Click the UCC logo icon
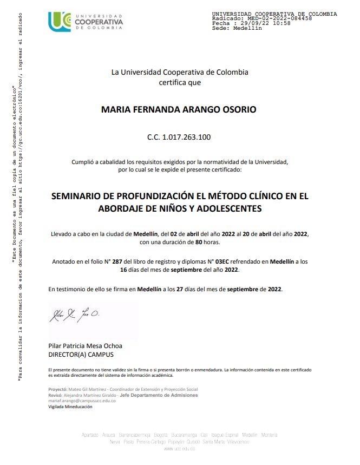click(x=60, y=22)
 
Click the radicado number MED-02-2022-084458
click(x=277, y=18)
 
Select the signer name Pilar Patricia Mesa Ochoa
click(x=85, y=346)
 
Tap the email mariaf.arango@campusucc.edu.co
click(x=82, y=401)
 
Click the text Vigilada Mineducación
click(x=70, y=407)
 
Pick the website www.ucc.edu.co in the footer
click(x=179, y=449)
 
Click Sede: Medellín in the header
click(x=237, y=28)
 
